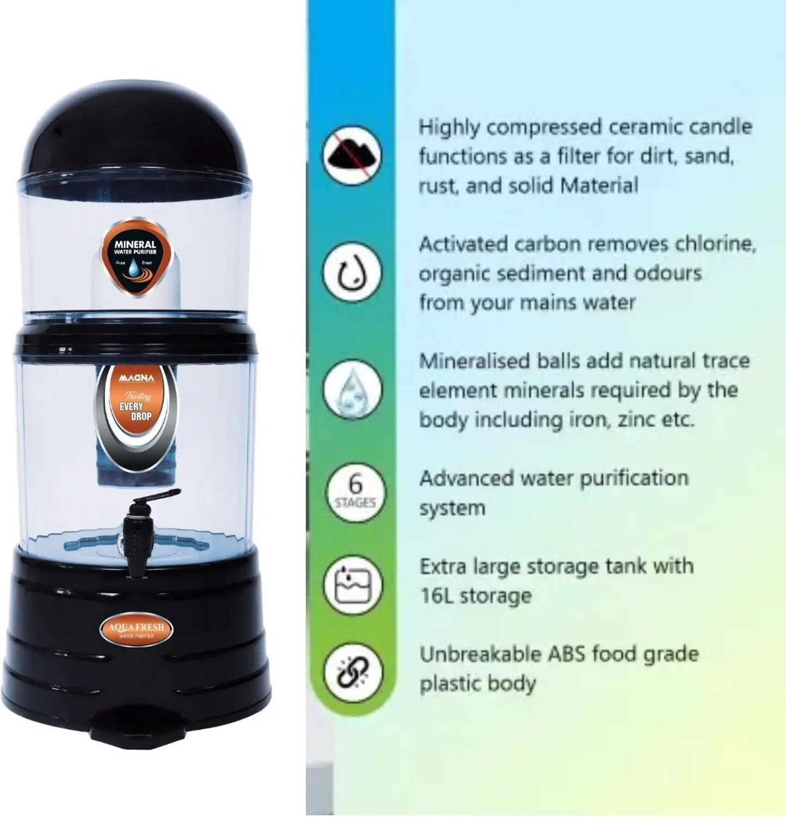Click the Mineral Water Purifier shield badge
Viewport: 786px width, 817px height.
pyautogui.click(x=136, y=258)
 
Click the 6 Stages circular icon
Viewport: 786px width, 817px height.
pyautogui.click(x=355, y=492)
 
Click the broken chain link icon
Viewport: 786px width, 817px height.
pyautogui.click(x=353, y=672)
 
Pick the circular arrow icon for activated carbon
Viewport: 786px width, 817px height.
pyautogui.click(x=352, y=272)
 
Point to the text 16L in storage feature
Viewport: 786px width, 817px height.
pyautogui.click(x=437, y=596)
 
